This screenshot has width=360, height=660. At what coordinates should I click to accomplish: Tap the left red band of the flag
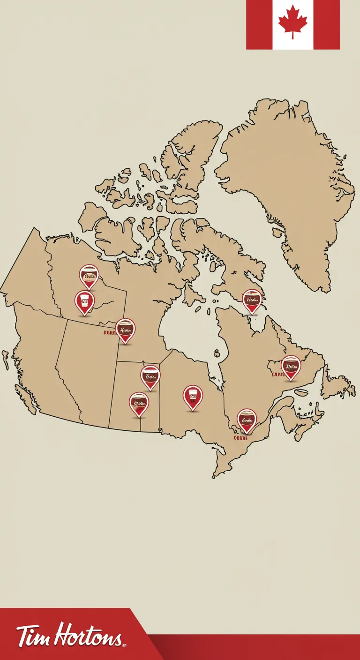tap(259, 24)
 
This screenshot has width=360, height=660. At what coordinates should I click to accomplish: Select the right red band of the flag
tap(327, 24)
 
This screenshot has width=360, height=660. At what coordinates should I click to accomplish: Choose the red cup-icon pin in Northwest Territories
tap(84, 302)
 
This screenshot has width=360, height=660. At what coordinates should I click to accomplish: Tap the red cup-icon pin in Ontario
tap(193, 397)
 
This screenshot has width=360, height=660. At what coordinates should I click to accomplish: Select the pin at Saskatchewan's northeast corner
tap(125, 330)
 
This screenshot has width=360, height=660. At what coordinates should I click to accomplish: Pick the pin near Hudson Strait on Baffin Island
tap(252, 300)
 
